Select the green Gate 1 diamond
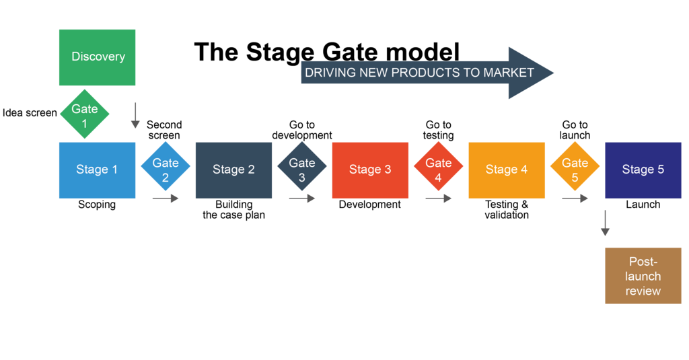(x=84, y=114)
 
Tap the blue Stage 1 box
(x=97, y=170)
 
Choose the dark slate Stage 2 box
(x=233, y=170)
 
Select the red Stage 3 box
(x=370, y=170)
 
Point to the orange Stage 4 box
(x=507, y=170)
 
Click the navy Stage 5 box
(x=643, y=170)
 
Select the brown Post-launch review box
(x=643, y=276)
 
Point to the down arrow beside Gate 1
(x=135, y=116)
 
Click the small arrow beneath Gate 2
(x=166, y=199)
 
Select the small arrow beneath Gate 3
(x=302, y=199)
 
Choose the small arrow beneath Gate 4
(x=439, y=199)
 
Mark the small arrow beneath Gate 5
(x=575, y=199)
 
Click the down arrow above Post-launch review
(x=605, y=223)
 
